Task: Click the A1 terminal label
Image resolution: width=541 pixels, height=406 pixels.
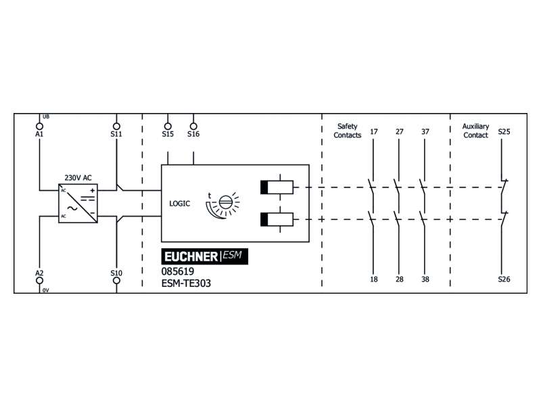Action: pos(39,134)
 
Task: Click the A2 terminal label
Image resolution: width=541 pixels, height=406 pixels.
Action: pos(39,273)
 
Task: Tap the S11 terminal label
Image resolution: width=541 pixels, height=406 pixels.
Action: pos(116,134)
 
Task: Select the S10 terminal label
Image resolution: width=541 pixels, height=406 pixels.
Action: pos(116,273)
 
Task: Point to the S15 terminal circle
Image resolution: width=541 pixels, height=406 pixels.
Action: pos(168,125)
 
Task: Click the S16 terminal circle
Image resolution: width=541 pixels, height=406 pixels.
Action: pos(193,125)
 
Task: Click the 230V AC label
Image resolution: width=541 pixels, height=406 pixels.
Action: pos(78,177)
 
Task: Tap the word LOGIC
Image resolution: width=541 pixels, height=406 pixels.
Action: pos(179,203)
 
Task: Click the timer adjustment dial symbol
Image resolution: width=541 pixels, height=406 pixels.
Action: pos(225,204)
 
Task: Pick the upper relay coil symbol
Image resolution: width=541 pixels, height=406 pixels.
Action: pos(277,187)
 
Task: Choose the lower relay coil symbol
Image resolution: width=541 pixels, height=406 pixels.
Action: pos(277,219)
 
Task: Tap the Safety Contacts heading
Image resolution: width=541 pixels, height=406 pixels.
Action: pos(348,131)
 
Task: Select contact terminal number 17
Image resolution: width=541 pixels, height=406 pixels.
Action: pos(374,131)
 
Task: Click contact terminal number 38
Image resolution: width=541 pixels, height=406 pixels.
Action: pos(424,279)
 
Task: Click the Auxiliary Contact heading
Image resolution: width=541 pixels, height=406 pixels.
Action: pos(475,131)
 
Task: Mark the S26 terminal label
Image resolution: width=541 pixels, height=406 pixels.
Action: pos(504,279)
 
